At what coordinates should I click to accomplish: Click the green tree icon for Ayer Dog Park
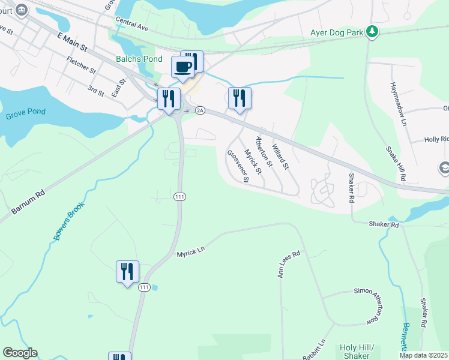pyautogui.click(x=372, y=31)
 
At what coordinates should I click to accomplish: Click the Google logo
pyautogui.click(x=20, y=353)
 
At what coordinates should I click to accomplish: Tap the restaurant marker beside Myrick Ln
pyautogui.click(x=127, y=272)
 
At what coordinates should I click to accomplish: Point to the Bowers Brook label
pyautogui.click(x=69, y=221)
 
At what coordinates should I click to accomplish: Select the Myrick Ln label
pyautogui.click(x=191, y=254)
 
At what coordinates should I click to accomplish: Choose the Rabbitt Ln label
pyautogui.click(x=314, y=350)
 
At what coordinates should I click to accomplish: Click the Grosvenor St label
pyautogui.click(x=238, y=168)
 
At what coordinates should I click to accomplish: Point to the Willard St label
pyautogui.click(x=280, y=157)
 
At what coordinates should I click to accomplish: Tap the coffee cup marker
pyautogui.click(x=183, y=67)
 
